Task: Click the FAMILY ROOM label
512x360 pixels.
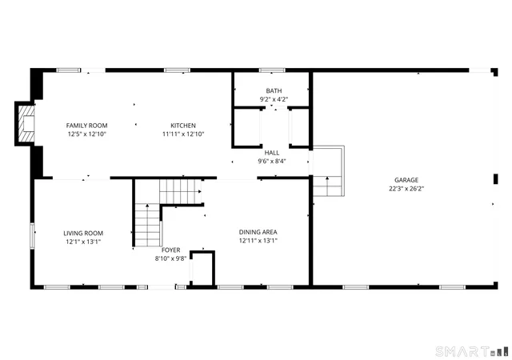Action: click(x=86, y=126)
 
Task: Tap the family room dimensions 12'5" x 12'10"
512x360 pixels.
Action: click(x=86, y=134)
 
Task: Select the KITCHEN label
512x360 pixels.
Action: click(x=182, y=126)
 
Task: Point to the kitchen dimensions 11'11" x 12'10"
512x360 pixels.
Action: click(x=182, y=134)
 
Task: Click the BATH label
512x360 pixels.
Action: click(x=273, y=90)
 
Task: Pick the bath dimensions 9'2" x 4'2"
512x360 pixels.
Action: click(x=273, y=99)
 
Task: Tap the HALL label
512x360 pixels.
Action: click(x=272, y=151)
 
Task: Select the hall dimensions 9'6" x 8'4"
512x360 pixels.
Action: click(x=272, y=160)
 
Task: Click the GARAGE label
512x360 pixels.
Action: click(x=406, y=180)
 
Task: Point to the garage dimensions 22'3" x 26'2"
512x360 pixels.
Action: click(x=406, y=189)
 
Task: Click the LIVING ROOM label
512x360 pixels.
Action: click(x=83, y=233)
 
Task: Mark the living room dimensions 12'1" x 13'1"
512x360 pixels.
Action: click(x=83, y=242)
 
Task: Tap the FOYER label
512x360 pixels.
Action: click(x=170, y=250)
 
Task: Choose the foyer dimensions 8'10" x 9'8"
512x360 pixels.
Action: click(x=170, y=258)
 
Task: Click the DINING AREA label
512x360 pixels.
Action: click(x=258, y=232)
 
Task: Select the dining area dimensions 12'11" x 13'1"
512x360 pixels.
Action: click(x=258, y=241)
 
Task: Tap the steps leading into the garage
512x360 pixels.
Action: click(x=326, y=186)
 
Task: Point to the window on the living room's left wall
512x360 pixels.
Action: click(x=32, y=237)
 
